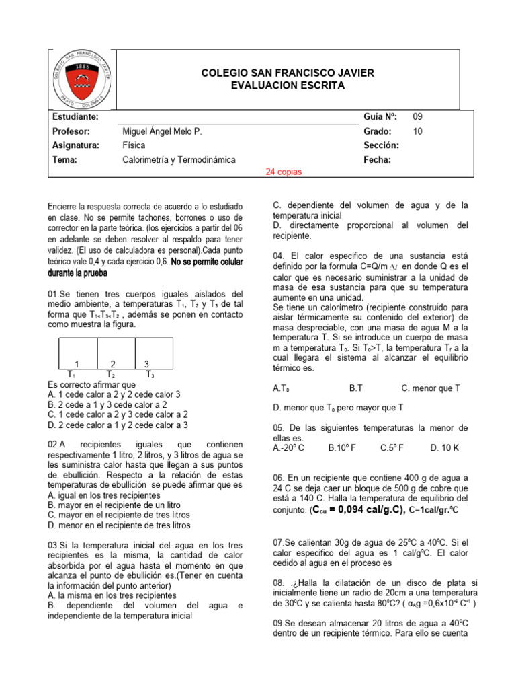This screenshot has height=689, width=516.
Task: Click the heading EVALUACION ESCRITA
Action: pos(288,85)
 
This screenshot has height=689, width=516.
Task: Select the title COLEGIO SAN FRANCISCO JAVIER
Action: pos(288,73)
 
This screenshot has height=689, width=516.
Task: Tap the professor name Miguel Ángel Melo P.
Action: pos(163,131)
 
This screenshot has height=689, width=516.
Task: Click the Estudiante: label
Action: pos(75,116)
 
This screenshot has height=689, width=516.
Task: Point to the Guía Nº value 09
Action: pos(418,116)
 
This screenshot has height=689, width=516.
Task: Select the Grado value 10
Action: pos(418,131)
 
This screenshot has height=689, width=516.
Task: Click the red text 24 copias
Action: pos(284,172)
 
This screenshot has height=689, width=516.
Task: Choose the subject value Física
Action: pos(134,145)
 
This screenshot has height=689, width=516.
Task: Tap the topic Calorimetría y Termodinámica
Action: pos(179,160)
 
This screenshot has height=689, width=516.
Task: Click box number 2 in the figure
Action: pos(114,364)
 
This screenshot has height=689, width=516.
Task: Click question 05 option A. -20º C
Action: pos(289,447)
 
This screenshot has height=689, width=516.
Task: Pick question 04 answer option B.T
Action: pos(356,388)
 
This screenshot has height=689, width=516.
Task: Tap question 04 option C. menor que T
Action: pos(431,388)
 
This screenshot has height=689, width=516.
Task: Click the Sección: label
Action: pos(381,145)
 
